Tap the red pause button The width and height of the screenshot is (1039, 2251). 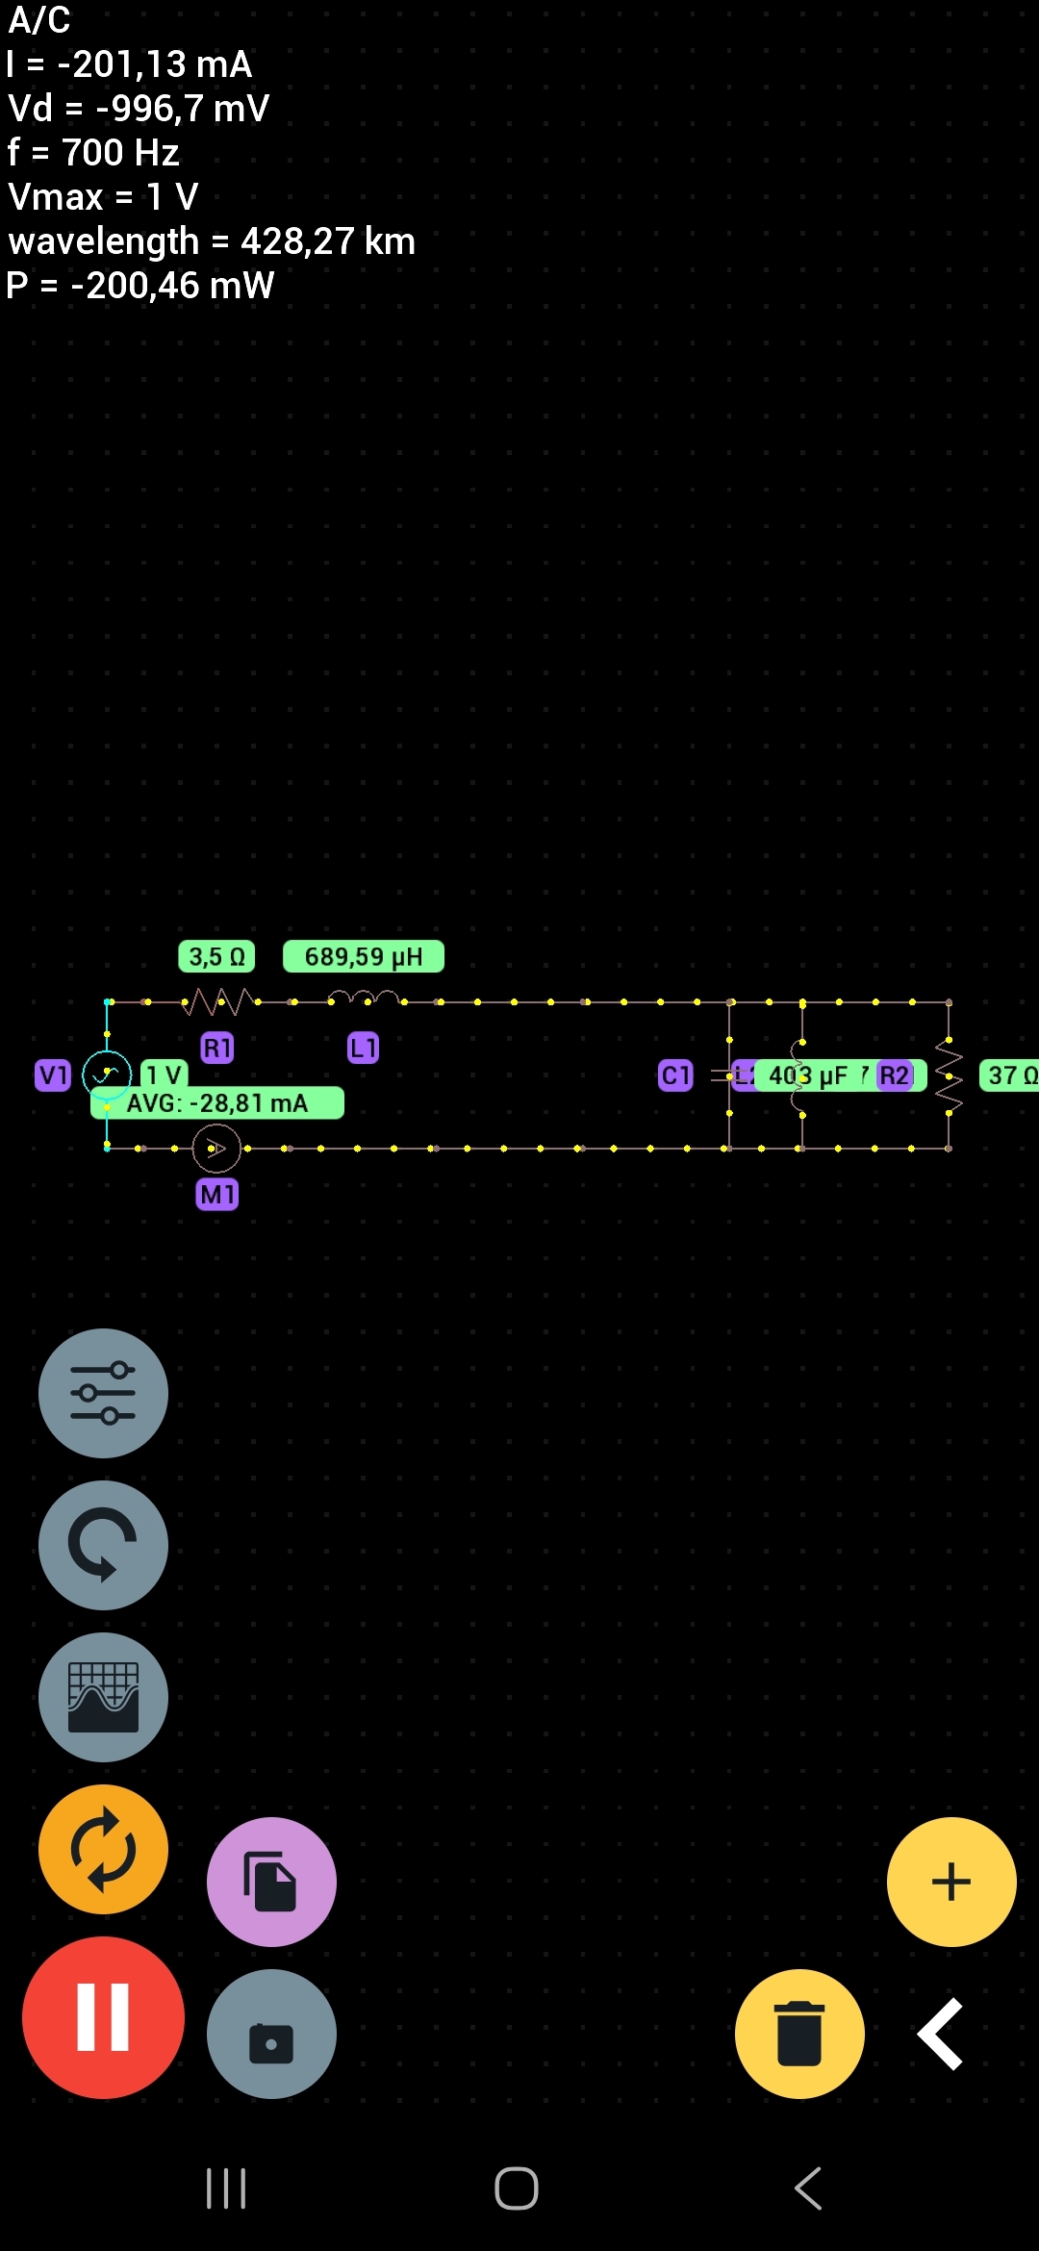click(x=103, y=2017)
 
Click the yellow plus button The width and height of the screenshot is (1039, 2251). click(x=950, y=1882)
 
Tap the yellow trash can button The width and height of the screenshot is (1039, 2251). click(x=799, y=2034)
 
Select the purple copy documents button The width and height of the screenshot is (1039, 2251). click(x=271, y=1882)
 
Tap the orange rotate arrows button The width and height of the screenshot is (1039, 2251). click(x=103, y=1849)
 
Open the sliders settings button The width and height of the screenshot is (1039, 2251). click(x=103, y=1393)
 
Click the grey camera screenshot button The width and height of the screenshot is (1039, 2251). click(x=271, y=2034)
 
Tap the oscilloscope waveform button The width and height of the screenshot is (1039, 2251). click(x=103, y=1697)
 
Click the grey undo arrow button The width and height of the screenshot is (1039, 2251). click(x=103, y=1545)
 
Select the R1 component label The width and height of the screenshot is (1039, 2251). click(x=217, y=1048)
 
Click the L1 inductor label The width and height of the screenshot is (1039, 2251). click(x=363, y=1048)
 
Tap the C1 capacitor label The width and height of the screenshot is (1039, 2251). click(x=675, y=1075)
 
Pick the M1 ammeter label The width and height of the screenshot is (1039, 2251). click(x=217, y=1195)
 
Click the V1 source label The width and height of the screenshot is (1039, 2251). click(x=53, y=1075)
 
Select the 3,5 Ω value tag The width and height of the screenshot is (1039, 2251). click(x=216, y=956)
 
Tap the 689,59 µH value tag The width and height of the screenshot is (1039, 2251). click(x=363, y=956)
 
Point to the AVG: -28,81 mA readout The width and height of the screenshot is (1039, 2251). click(x=217, y=1103)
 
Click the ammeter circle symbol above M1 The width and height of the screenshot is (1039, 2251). click(x=216, y=1148)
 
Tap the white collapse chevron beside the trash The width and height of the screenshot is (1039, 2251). click(x=940, y=2034)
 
